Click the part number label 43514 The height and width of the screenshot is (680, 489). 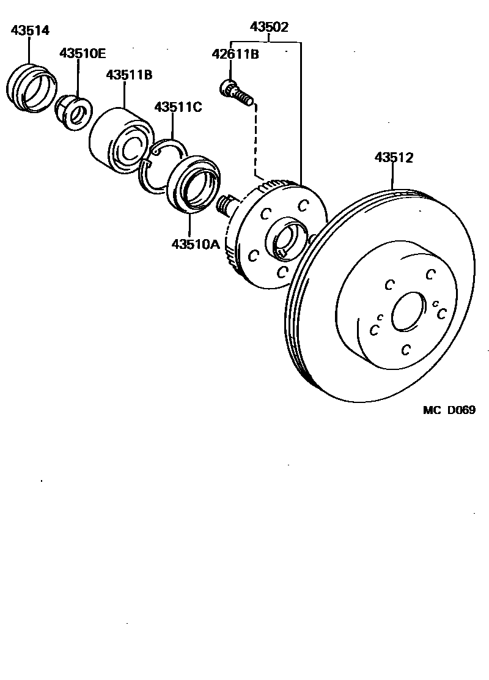click(x=30, y=30)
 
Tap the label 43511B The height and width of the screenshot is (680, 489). click(x=128, y=75)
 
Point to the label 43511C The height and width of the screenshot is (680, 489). click(x=178, y=107)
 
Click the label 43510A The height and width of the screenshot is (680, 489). click(x=195, y=244)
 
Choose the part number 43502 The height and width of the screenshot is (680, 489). click(x=269, y=28)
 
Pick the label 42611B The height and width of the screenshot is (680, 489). click(x=235, y=54)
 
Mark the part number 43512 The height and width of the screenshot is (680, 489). click(x=394, y=158)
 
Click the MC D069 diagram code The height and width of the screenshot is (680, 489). click(x=449, y=410)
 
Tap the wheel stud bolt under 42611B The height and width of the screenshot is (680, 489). click(x=236, y=92)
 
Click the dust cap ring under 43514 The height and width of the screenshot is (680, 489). click(x=31, y=88)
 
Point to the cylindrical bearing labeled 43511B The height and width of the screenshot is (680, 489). click(x=120, y=139)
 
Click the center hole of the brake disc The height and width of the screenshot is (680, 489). click(x=408, y=312)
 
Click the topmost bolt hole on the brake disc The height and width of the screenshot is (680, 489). click(x=431, y=273)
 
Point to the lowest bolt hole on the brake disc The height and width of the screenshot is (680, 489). click(x=405, y=349)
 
